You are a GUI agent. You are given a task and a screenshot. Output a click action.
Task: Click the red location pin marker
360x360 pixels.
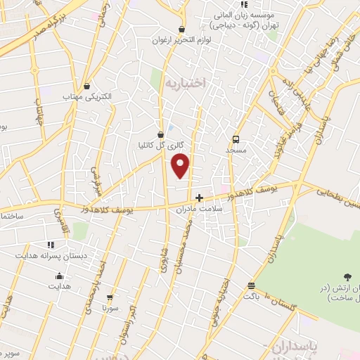(x=181, y=166)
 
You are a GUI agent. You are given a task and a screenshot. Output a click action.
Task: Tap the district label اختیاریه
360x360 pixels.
(x=184, y=83)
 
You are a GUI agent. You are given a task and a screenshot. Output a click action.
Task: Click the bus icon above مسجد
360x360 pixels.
(x=236, y=139)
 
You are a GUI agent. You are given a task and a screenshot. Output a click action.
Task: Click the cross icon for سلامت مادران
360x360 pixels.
(x=200, y=197)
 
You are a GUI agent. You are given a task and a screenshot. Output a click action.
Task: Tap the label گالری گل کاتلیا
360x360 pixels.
(x=161, y=145)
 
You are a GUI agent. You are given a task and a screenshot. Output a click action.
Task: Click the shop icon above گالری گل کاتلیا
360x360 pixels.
(x=161, y=132)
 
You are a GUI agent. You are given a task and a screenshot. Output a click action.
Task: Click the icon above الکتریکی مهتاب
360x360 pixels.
(x=86, y=82)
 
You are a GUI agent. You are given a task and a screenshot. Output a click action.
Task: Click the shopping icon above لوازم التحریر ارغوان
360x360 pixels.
(x=182, y=28)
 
